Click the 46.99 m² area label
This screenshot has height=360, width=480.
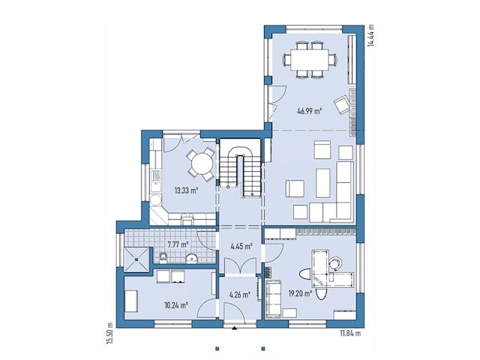click(308, 111)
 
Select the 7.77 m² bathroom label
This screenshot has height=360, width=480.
click(178, 244)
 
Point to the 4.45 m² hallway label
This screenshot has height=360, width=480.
click(240, 244)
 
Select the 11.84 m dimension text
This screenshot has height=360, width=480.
click(349, 332)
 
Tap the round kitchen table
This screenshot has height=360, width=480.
click(200, 161)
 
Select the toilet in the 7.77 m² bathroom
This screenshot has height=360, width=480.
click(163, 259)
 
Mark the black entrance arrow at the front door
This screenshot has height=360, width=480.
click(235, 328)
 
